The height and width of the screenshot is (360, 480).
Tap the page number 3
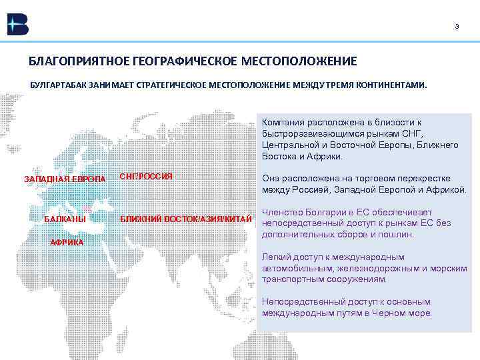[457, 27]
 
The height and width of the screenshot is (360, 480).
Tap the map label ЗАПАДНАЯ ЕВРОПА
[65, 180]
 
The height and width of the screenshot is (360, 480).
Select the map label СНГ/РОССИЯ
[146, 177]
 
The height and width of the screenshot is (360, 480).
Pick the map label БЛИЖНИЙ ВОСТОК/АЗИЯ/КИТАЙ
[185, 219]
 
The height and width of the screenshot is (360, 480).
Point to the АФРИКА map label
[67, 242]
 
